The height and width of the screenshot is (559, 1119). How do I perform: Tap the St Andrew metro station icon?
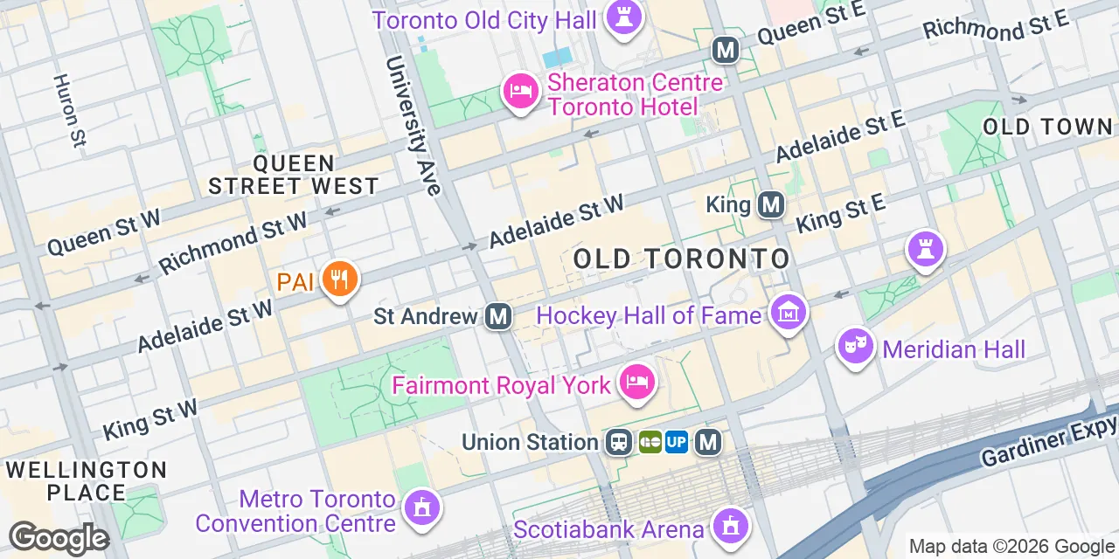coord(498,315)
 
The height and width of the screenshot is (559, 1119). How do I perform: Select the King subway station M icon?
coord(770,205)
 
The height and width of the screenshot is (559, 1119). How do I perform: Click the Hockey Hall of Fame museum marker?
coord(788,312)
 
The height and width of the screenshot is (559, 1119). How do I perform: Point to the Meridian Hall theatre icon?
coord(856,347)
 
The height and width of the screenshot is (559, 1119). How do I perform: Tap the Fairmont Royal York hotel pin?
coord(637,383)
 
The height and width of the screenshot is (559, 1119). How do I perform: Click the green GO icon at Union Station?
coord(650,443)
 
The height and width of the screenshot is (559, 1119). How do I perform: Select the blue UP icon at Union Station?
coord(677,443)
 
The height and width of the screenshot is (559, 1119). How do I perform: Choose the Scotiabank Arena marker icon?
coord(728,526)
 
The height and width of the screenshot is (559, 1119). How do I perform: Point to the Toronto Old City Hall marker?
coord(623,17)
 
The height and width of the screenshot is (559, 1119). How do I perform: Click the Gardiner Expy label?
coord(1049,441)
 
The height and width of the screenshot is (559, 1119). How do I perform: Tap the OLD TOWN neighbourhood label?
coord(1047,127)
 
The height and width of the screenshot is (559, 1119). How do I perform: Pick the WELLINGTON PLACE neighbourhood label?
coord(86,481)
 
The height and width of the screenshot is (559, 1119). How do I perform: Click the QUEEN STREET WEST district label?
coord(294,175)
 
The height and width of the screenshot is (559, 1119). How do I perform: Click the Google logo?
coord(58,538)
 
